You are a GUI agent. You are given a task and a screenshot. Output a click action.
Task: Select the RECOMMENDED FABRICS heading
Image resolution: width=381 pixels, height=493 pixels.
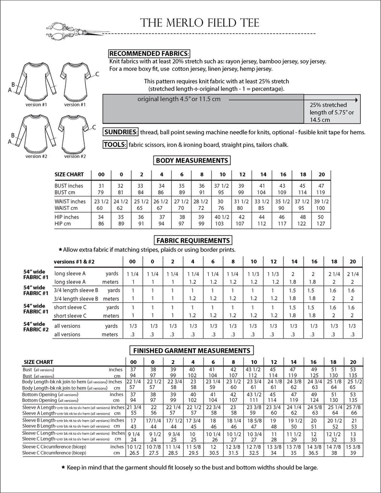point(149,53)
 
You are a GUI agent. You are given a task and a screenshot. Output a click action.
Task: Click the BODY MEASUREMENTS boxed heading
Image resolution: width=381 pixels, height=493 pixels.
point(190,160)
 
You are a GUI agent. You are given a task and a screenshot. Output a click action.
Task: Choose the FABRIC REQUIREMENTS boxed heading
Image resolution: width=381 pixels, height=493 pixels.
point(191,240)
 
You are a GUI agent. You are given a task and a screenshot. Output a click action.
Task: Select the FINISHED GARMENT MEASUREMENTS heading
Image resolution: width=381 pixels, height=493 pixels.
point(191,350)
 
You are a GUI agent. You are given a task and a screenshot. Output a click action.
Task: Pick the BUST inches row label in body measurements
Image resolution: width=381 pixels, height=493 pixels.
point(69,186)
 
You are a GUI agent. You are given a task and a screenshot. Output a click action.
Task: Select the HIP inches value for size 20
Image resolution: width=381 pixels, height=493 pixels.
point(321,217)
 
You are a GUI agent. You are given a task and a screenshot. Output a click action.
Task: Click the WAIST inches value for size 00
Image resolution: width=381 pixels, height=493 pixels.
point(101,201)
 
